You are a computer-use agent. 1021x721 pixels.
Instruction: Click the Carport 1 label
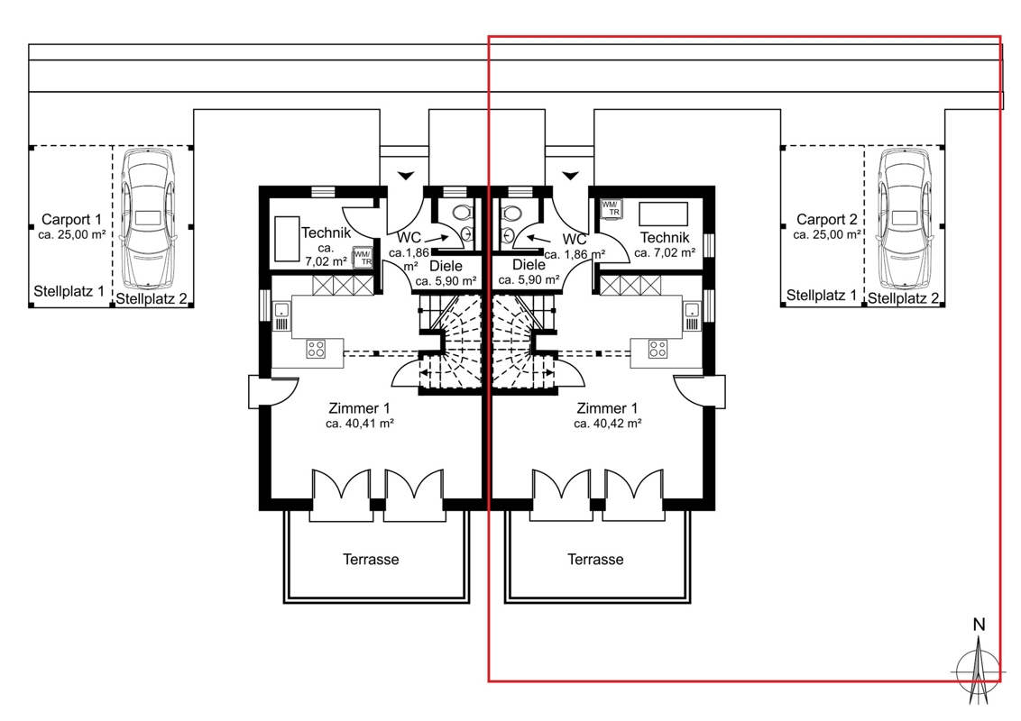(x=71, y=219)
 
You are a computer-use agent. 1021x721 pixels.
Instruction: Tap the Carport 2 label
(x=827, y=219)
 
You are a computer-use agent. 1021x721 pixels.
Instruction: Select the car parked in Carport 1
(x=149, y=219)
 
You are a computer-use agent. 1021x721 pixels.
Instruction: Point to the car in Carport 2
(x=905, y=219)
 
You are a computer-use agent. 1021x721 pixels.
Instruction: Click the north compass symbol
(x=978, y=663)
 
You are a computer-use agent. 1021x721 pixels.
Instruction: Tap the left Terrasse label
(x=372, y=559)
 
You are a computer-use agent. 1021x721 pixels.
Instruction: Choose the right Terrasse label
(x=595, y=559)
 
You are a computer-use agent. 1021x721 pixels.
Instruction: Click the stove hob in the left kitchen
(x=316, y=349)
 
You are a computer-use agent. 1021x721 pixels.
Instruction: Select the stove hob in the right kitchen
(x=658, y=349)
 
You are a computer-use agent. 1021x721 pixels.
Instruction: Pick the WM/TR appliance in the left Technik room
(x=363, y=258)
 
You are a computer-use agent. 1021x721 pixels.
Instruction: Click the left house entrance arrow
(x=406, y=175)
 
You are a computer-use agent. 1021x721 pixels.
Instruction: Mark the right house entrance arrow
(x=571, y=175)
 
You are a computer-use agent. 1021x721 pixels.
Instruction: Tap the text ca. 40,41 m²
(x=360, y=424)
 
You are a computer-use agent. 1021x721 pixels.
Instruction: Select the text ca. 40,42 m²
(x=608, y=424)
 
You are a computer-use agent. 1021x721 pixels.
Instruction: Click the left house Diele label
(x=446, y=266)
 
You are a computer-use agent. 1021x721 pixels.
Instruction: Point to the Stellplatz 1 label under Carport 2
(x=822, y=296)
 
